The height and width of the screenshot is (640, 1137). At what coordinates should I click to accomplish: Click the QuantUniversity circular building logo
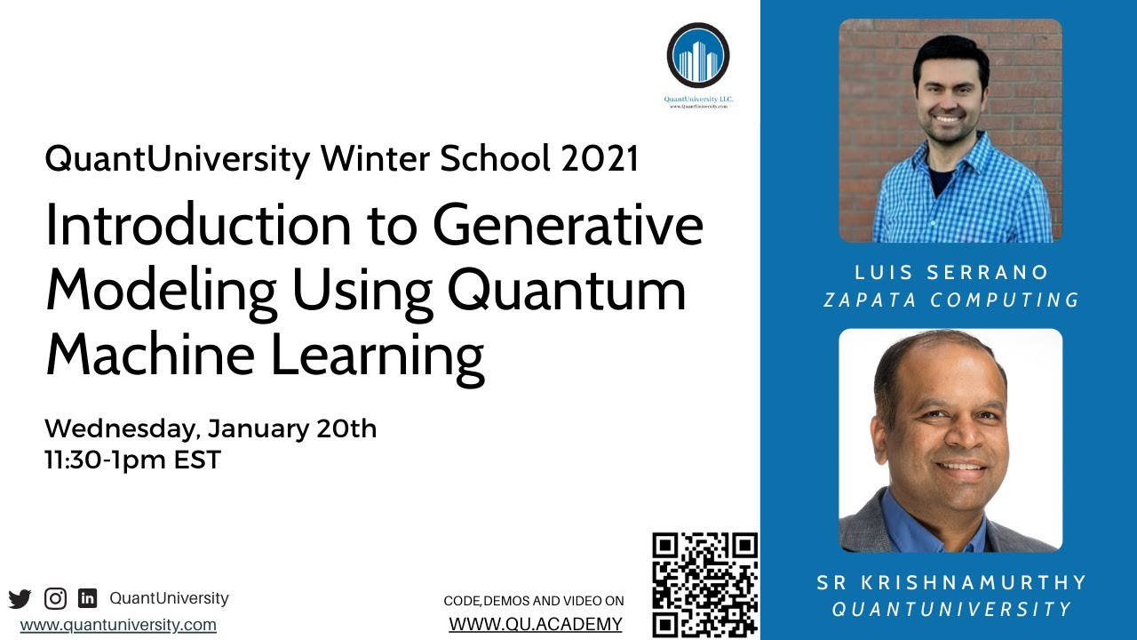pyautogui.click(x=698, y=56)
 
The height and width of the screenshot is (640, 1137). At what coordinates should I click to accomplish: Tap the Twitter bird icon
pyautogui.click(x=20, y=598)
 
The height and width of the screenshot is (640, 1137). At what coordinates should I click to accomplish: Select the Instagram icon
pyautogui.click(x=55, y=598)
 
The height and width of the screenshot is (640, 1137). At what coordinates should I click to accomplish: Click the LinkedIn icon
pyautogui.click(x=87, y=598)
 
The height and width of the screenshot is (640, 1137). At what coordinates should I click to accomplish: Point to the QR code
pyautogui.click(x=704, y=584)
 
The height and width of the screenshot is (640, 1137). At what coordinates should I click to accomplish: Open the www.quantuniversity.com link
pyautogui.click(x=118, y=625)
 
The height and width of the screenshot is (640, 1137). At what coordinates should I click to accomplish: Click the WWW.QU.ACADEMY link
pyautogui.click(x=536, y=624)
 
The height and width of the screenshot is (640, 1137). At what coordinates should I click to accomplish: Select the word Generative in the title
pyautogui.click(x=568, y=228)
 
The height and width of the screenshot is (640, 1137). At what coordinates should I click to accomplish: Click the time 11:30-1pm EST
pyautogui.click(x=132, y=460)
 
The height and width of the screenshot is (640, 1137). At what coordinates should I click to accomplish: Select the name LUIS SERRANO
pyautogui.click(x=951, y=272)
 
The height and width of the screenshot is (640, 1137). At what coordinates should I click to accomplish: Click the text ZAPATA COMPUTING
pyautogui.click(x=951, y=300)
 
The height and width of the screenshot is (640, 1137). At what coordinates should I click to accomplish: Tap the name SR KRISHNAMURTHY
pyautogui.click(x=951, y=582)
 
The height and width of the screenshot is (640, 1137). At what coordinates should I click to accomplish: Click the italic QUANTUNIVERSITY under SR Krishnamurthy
pyautogui.click(x=951, y=610)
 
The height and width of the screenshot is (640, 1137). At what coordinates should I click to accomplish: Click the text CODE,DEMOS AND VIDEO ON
pyautogui.click(x=534, y=602)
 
